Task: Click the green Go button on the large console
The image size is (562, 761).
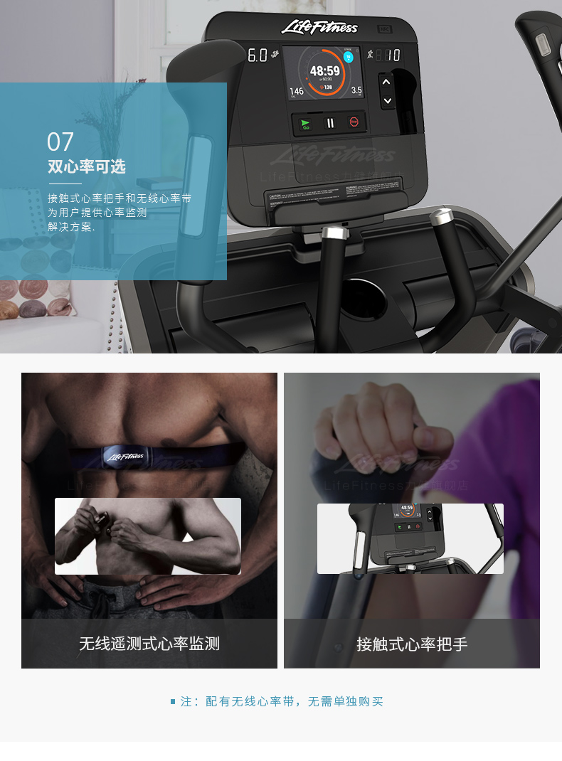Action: (x=306, y=123)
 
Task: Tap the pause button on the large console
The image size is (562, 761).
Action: (x=329, y=123)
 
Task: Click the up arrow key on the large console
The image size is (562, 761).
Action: (x=386, y=83)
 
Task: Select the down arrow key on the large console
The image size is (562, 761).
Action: (x=386, y=101)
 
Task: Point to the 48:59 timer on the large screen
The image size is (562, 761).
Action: (x=324, y=71)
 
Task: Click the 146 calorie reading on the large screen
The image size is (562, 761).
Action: (x=297, y=91)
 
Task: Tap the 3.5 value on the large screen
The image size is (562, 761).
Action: (x=356, y=90)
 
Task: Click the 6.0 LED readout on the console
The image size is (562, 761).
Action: (x=257, y=55)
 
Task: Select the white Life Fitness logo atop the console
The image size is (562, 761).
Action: (x=319, y=28)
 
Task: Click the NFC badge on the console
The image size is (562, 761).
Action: (x=385, y=31)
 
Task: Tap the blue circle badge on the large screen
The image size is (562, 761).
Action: (x=348, y=57)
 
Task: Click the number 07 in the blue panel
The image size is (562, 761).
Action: (x=60, y=142)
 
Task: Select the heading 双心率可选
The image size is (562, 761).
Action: (x=86, y=167)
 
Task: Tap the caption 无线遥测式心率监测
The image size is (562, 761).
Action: (x=149, y=644)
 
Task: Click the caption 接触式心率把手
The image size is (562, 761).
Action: (x=412, y=644)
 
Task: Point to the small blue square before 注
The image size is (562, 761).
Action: (x=173, y=702)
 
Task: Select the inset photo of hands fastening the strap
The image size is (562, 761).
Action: (x=148, y=536)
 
